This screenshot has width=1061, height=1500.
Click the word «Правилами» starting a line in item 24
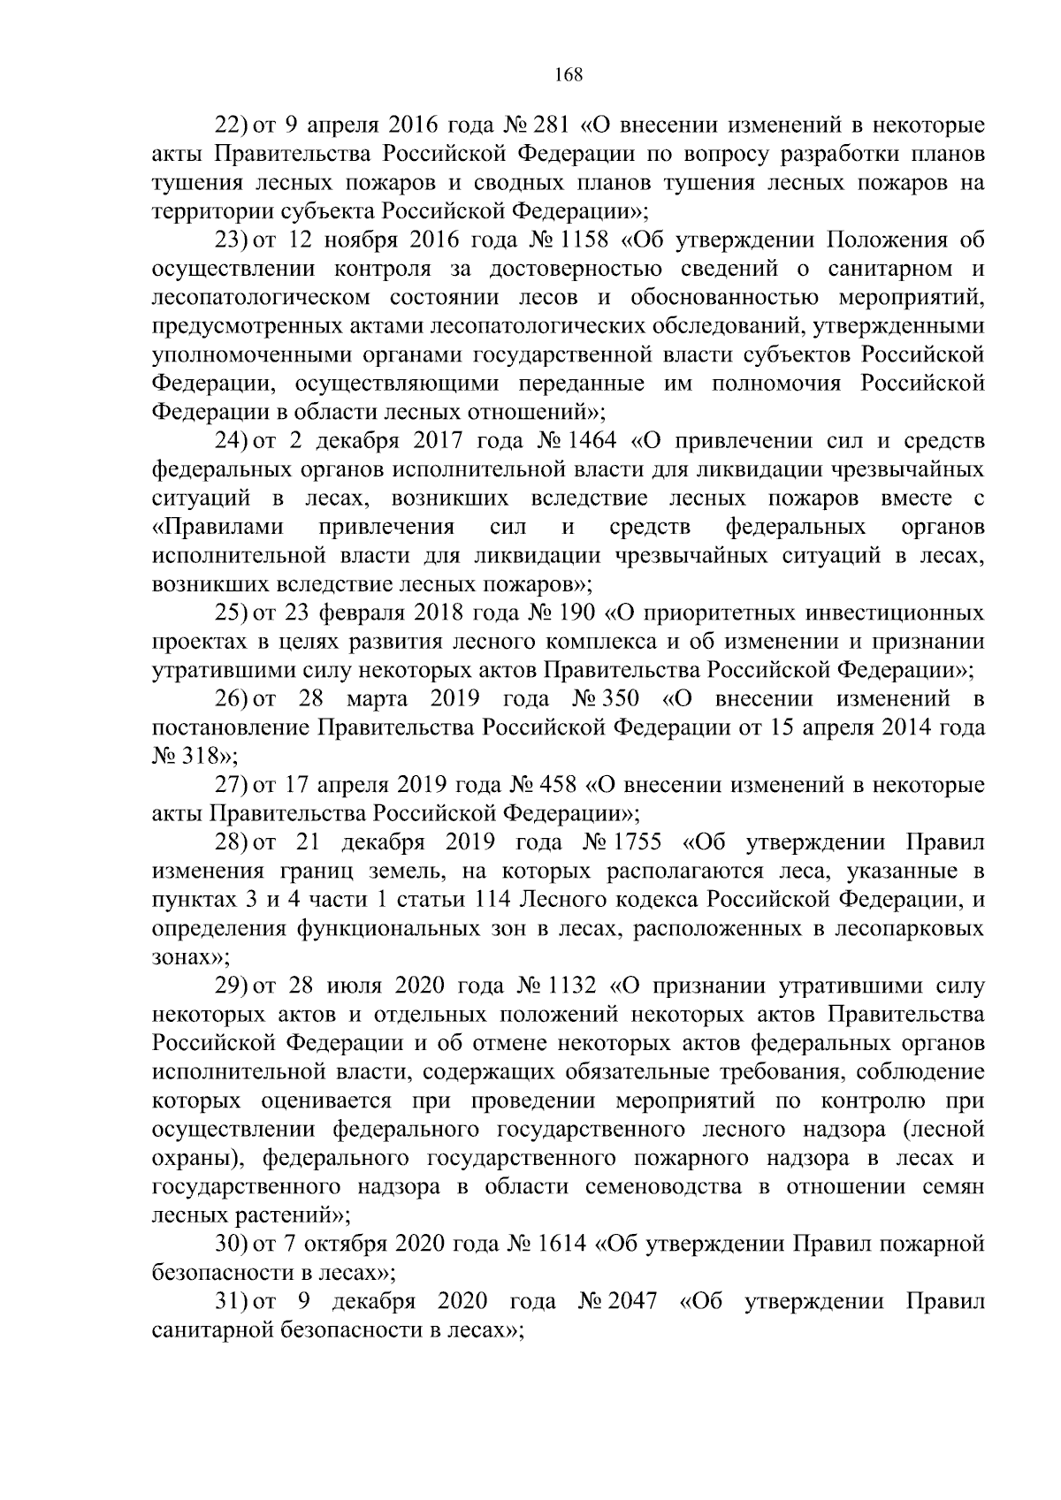point(218,528)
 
